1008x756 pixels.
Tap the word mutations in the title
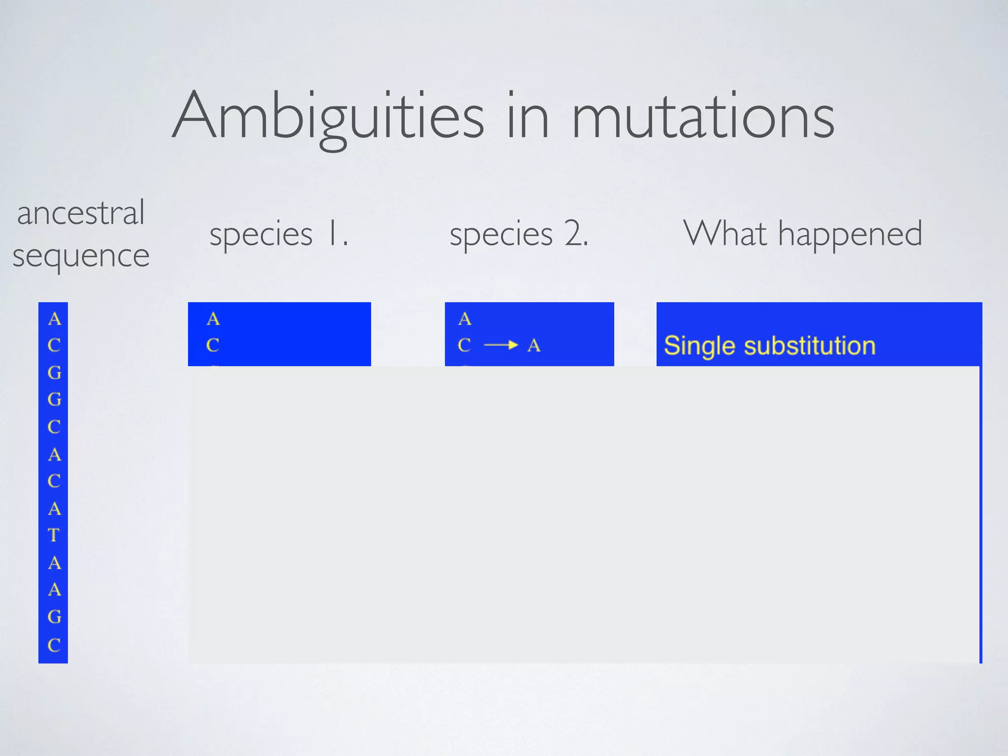pos(703,117)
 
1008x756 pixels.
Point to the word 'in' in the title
pos(528,117)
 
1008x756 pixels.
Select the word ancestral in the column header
pos(81,213)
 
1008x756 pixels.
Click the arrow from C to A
pos(501,345)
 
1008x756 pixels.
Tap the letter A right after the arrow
pos(534,346)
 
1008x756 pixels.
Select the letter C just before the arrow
pos(464,346)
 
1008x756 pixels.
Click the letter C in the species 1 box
pos(213,346)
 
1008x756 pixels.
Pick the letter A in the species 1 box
pos(213,319)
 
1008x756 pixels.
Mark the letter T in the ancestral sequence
pos(54,535)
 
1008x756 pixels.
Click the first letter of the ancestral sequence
pos(54,319)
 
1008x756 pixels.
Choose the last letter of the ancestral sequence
pos(54,645)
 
